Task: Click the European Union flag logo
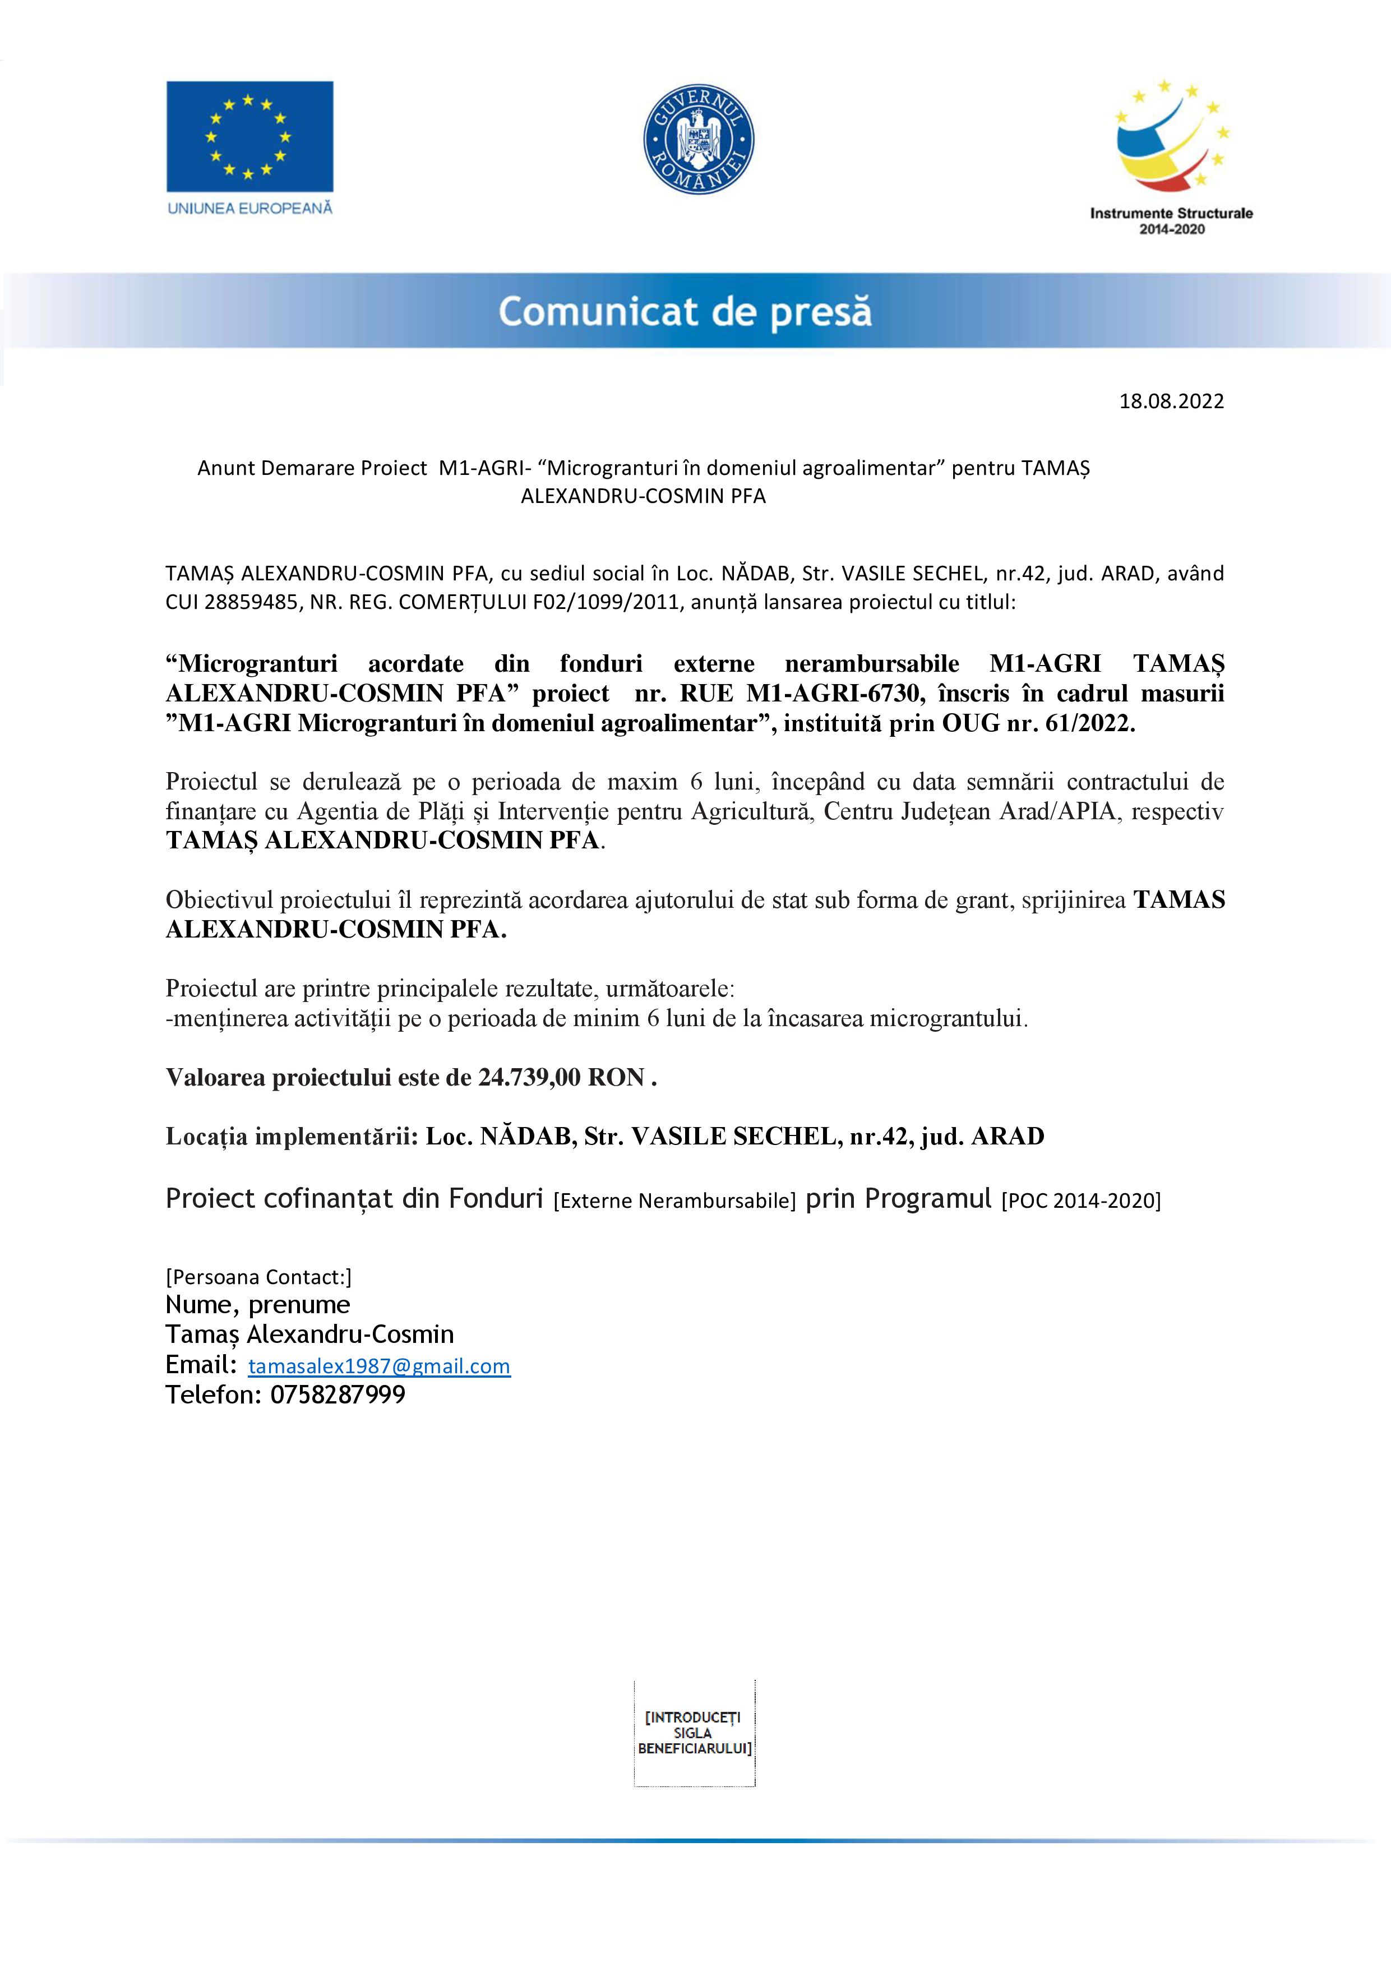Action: pos(249,136)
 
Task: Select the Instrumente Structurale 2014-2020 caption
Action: pos(1171,221)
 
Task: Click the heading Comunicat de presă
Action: pos(685,311)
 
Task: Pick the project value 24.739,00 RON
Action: pos(561,1077)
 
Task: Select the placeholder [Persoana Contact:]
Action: pos(258,1277)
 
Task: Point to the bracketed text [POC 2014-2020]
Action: pos(1081,1200)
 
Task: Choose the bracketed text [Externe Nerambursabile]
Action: pos(675,1200)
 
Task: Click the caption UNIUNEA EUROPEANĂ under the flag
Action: pos(249,208)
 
